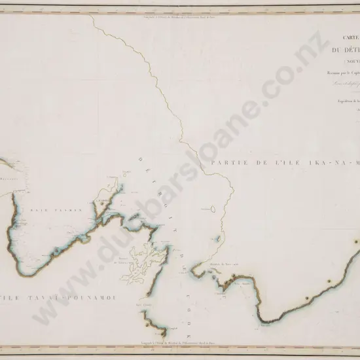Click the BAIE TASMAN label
point(45,209)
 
